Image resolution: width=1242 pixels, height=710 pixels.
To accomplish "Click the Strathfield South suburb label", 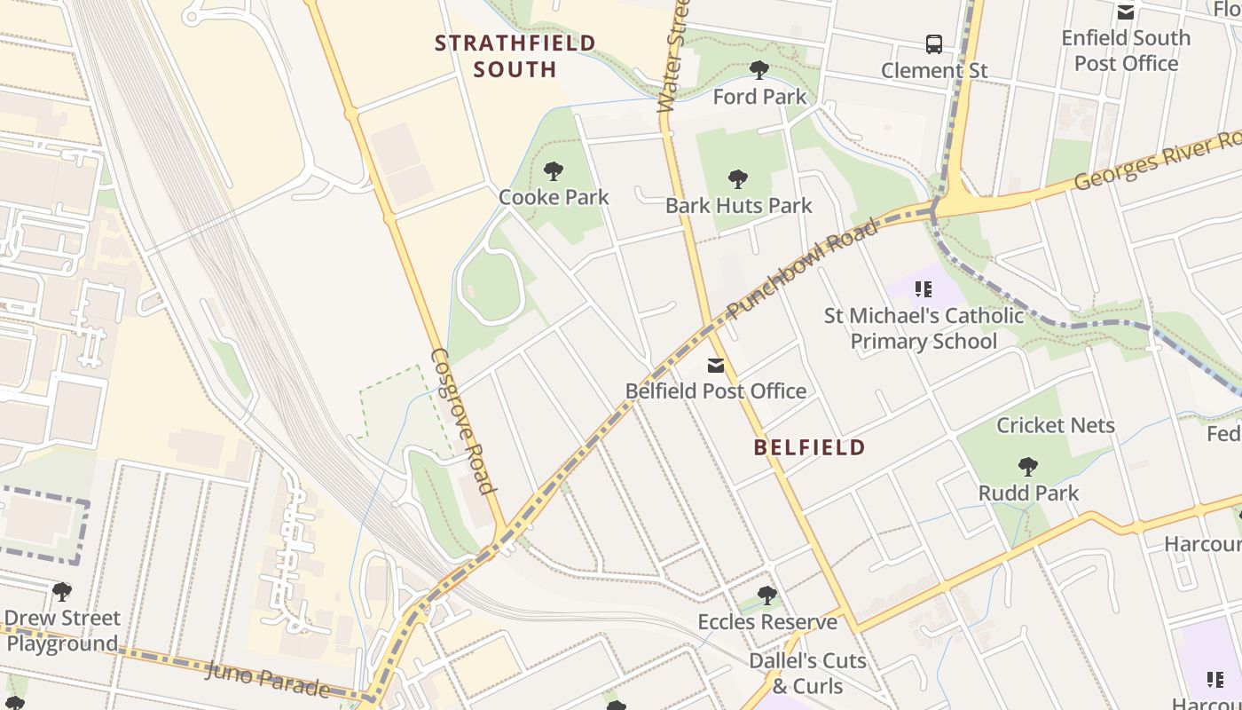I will pyautogui.click(x=515, y=56).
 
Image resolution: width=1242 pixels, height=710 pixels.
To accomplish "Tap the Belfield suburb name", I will pyautogui.click(x=809, y=447).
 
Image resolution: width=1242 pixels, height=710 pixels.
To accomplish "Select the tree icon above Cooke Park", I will pyautogui.click(x=554, y=171).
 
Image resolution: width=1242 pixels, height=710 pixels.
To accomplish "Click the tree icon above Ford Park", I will pyautogui.click(x=759, y=70).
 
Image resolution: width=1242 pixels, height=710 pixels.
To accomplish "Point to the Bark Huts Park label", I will pyautogui.click(x=739, y=206).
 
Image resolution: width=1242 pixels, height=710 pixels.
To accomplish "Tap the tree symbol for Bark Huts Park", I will pyautogui.click(x=737, y=179).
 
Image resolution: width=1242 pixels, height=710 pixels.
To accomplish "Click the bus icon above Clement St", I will pyautogui.click(x=933, y=44).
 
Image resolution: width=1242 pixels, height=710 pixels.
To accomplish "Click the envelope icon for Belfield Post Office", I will pyautogui.click(x=716, y=366).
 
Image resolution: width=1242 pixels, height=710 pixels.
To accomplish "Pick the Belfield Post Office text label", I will pyautogui.click(x=716, y=391).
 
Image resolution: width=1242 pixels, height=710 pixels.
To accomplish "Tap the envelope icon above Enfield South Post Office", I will pyautogui.click(x=1126, y=12).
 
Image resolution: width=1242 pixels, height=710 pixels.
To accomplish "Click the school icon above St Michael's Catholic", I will pyautogui.click(x=924, y=289).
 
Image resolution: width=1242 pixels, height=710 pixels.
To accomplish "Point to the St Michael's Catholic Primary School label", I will pyautogui.click(x=924, y=328).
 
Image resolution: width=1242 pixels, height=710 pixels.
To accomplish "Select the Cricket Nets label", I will pyautogui.click(x=1056, y=426).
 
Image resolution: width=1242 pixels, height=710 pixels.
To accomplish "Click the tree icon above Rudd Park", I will pyautogui.click(x=1028, y=467).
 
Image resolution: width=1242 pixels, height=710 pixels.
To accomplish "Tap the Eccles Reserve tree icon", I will pyautogui.click(x=767, y=596).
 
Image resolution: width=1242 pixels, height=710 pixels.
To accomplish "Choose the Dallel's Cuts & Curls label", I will pyautogui.click(x=807, y=673).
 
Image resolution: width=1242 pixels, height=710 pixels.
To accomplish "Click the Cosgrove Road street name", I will pyautogui.click(x=461, y=420).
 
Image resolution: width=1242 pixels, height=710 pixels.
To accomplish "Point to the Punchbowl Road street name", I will pyautogui.click(x=803, y=269).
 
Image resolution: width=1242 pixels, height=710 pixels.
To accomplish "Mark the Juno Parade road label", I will pyautogui.click(x=267, y=679).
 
